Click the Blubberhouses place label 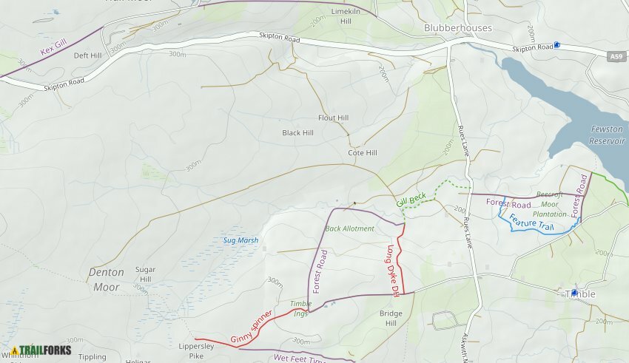[457, 28]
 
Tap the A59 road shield [616, 56]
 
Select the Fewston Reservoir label [607, 135]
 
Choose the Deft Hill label [87, 55]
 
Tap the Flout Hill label [333, 118]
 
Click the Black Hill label [297, 133]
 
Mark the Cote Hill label [363, 153]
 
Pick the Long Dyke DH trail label [392, 271]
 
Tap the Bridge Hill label [391, 319]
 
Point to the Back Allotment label [349, 229]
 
